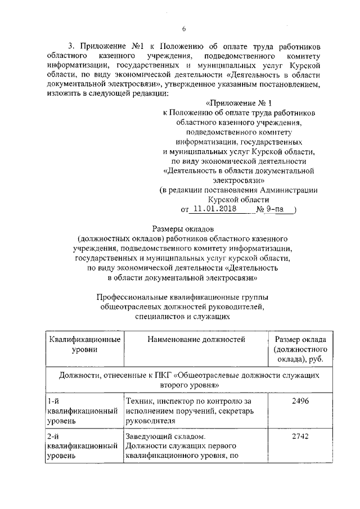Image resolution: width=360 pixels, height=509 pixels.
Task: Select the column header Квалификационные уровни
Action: tap(84, 344)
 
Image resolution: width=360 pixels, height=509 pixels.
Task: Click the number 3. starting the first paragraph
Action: tap(71, 45)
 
